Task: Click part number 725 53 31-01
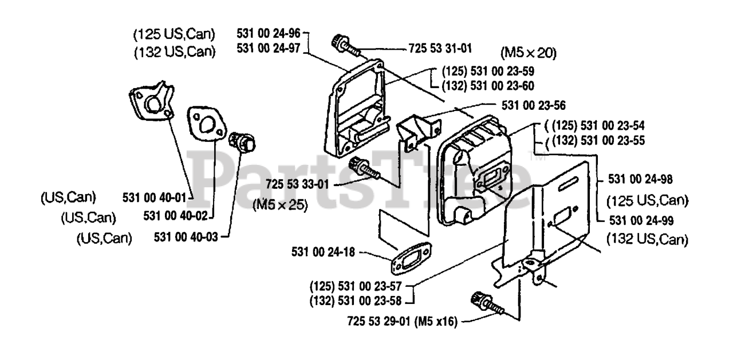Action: (440, 49)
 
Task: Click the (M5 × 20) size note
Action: (528, 54)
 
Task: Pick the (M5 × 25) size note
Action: (279, 204)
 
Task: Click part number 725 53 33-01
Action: (297, 184)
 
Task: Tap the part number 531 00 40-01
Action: (155, 197)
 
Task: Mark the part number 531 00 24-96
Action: (269, 33)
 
